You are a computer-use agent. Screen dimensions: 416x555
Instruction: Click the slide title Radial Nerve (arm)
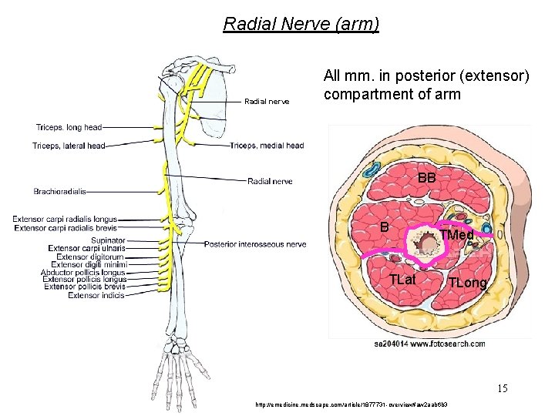point(301,24)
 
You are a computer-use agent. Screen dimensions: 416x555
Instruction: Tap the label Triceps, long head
point(69,127)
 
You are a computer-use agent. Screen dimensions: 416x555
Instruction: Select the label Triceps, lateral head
point(69,146)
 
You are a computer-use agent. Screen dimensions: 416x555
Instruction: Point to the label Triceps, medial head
point(267,146)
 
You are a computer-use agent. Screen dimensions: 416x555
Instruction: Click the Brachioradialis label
point(63,191)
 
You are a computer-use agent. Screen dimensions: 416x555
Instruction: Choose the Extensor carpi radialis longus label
point(65,220)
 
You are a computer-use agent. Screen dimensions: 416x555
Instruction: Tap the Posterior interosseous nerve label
point(255,244)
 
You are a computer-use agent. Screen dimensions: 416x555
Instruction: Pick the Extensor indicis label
point(96,295)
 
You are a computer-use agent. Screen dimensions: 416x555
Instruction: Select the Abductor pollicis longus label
point(83,272)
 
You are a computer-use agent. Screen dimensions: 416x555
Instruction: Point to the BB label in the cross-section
point(427,178)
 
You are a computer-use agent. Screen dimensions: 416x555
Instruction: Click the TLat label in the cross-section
point(402,279)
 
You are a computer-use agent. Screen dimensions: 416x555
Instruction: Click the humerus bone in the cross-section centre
point(425,246)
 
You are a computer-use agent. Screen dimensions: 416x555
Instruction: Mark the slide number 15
point(503,388)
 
